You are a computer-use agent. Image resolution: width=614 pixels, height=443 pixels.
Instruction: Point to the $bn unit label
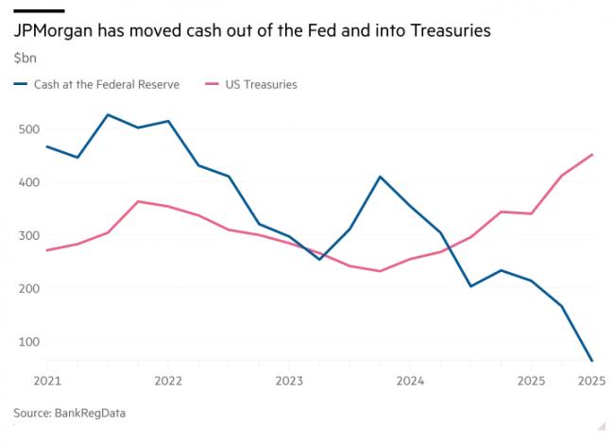pyautogui.click(x=26, y=58)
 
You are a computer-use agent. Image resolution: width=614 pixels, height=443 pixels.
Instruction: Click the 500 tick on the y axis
pyautogui.click(x=28, y=129)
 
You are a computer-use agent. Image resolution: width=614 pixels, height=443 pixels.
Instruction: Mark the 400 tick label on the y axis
pyautogui.click(x=28, y=182)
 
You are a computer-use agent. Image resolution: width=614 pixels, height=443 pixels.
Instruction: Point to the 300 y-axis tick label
pyautogui.click(x=28, y=235)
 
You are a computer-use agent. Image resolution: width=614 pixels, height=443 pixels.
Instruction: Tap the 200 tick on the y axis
pyautogui.click(x=28, y=288)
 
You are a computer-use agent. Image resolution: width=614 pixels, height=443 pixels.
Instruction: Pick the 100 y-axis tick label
pyautogui.click(x=28, y=342)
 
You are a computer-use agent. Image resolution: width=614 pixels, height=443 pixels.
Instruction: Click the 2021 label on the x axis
pyautogui.click(x=46, y=382)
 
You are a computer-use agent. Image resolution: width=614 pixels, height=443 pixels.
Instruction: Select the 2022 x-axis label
pyautogui.click(x=168, y=382)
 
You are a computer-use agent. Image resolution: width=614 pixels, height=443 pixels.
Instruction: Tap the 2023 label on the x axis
pyautogui.click(x=289, y=382)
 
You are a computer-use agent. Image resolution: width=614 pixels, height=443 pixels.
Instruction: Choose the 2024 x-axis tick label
pyautogui.click(x=410, y=382)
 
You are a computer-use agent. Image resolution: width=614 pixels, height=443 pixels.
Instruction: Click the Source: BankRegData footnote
pyautogui.click(x=69, y=413)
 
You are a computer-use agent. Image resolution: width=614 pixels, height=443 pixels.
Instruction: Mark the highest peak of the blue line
pyautogui.click(x=108, y=115)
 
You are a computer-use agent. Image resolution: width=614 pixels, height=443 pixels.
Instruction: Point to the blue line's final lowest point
pyautogui.click(x=591, y=361)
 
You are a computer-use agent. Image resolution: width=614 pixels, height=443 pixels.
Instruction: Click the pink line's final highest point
pyautogui.click(x=591, y=155)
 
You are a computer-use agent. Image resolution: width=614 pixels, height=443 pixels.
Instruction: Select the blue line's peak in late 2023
pyautogui.click(x=380, y=177)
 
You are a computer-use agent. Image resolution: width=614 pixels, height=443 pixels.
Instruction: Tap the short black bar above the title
pyautogui.click(x=38, y=10)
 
